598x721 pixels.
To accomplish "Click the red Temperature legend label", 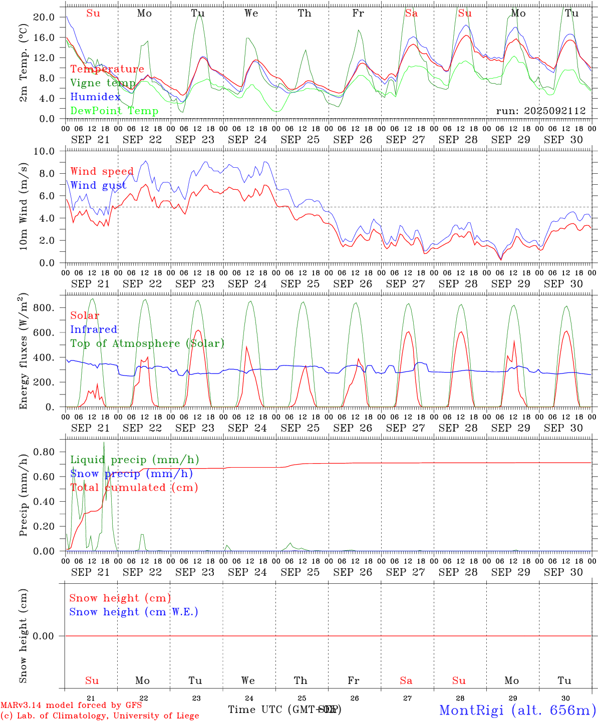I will pyautogui.click(x=107, y=69).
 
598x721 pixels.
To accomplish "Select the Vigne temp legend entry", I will pyautogui.click(x=103, y=83).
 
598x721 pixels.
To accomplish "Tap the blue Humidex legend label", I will pyautogui.click(x=95, y=97).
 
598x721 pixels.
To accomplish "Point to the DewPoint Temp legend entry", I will pyautogui.click(x=114, y=111).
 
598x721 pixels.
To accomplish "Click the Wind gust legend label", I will pyautogui.click(x=98, y=186).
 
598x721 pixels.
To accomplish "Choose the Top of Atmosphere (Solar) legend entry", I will pyautogui.click(x=147, y=343).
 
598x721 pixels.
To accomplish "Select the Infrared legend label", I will pyautogui.click(x=94, y=329).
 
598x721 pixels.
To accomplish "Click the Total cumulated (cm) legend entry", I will pyautogui.click(x=134, y=488).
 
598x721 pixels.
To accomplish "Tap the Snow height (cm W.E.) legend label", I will pyautogui.click(x=134, y=612).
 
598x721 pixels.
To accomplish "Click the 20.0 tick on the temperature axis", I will pyautogui.click(x=44, y=18).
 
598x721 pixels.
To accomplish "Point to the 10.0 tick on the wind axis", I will pyautogui.click(x=44, y=152).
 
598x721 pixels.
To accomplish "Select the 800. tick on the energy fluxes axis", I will pyautogui.click(x=44, y=308).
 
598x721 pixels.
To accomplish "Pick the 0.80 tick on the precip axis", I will pyautogui.click(x=44, y=452).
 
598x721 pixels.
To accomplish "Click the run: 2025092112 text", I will pyautogui.click(x=540, y=111).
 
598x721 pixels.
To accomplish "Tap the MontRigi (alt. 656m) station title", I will pyautogui.click(x=517, y=710).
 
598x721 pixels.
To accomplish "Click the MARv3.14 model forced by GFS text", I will pyautogui.click(x=71, y=705).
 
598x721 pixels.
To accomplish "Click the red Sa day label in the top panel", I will pyautogui.click(x=411, y=14).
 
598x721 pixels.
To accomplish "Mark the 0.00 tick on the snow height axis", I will pyautogui.click(x=44, y=636).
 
